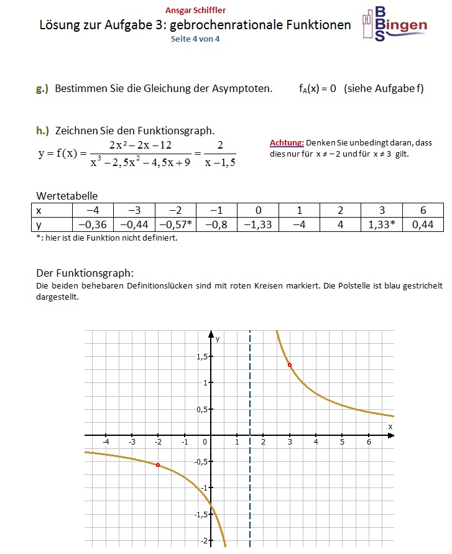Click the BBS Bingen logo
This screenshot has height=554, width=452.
pyautogui.click(x=394, y=25)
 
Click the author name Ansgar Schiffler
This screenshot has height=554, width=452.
pyautogui.click(x=196, y=10)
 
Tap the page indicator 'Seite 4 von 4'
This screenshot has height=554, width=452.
pyautogui.click(x=196, y=39)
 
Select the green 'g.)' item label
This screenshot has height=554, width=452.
pyautogui.click(x=42, y=88)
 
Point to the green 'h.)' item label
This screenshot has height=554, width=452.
pyautogui.click(x=42, y=131)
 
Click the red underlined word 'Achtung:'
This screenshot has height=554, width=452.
pyautogui.click(x=287, y=143)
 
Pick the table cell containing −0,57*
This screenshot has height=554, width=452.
pyautogui.click(x=175, y=224)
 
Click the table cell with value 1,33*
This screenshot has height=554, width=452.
pyautogui.click(x=382, y=224)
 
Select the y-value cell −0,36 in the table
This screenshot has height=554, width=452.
pyautogui.click(x=93, y=224)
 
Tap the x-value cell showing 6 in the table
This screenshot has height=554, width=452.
pyautogui.click(x=423, y=210)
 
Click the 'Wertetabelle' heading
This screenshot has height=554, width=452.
pyautogui.click(x=67, y=196)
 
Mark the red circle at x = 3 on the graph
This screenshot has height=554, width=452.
pyautogui.click(x=290, y=365)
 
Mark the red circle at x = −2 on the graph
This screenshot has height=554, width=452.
pyautogui.click(x=158, y=465)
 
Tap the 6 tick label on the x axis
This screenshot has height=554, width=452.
pyautogui.click(x=369, y=442)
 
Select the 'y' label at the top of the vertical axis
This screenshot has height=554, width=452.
pyautogui.click(x=218, y=339)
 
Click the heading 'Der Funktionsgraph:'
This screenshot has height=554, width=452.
pyautogui.click(x=85, y=273)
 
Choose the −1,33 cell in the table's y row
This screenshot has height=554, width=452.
pyautogui.click(x=258, y=224)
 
